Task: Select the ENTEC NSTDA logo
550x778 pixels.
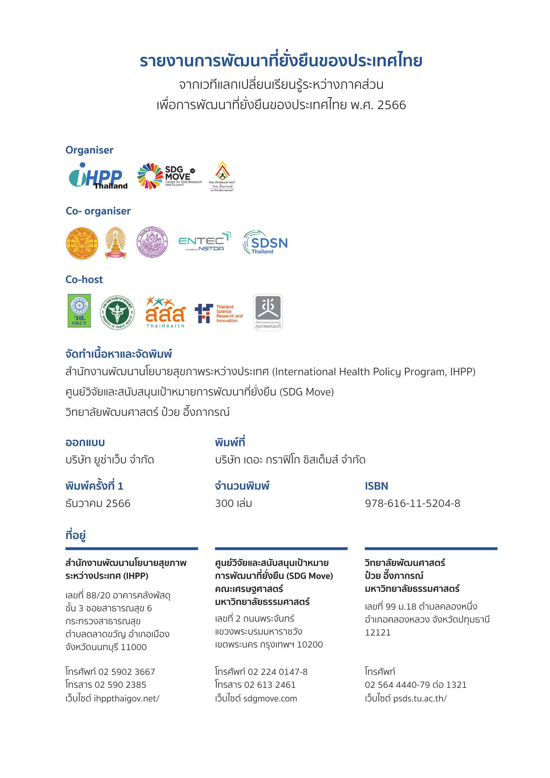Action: pyautogui.click(x=205, y=241)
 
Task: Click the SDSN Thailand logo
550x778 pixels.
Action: pyautogui.click(x=265, y=242)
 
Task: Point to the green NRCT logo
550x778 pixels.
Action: pyautogui.click(x=79, y=310)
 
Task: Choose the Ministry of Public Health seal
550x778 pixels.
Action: pyautogui.click(x=117, y=313)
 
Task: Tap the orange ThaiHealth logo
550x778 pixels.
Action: pyautogui.click(x=165, y=313)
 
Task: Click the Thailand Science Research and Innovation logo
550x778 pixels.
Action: pyautogui.click(x=218, y=313)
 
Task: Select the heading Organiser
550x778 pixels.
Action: pyautogui.click(x=89, y=150)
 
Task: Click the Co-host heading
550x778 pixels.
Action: pyautogui.click(x=84, y=280)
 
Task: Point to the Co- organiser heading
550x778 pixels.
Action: pyautogui.click(x=98, y=211)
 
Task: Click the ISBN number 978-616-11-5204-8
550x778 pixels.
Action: pyautogui.click(x=412, y=504)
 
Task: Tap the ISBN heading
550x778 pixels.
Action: pyautogui.click(x=376, y=486)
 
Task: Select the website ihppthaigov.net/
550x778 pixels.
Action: pyautogui.click(x=126, y=699)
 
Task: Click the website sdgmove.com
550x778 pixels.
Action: pyautogui.click(x=270, y=699)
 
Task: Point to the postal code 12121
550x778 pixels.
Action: pyautogui.click(x=378, y=633)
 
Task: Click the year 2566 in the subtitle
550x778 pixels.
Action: pyautogui.click(x=392, y=105)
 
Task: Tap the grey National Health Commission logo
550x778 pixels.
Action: pyautogui.click(x=268, y=312)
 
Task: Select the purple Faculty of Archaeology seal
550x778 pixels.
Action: pyautogui.click(x=152, y=243)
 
